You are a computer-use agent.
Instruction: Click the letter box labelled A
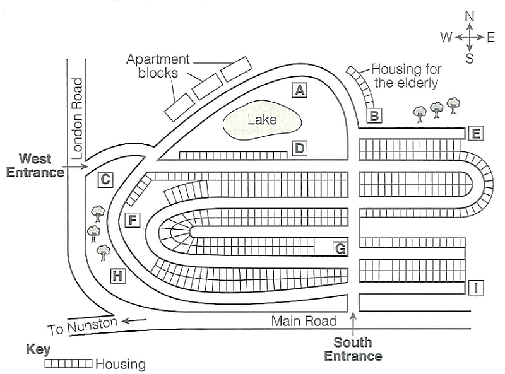click(299, 90)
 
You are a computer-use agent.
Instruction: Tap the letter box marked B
click(374, 115)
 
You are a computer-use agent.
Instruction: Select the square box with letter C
click(105, 180)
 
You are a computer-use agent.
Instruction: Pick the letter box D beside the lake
click(299, 149)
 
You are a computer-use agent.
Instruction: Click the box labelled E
click(476, 133)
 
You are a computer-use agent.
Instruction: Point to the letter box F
click(133, 220)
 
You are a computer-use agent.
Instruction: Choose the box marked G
click(340, 248)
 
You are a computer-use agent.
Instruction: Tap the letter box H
click(117, 275)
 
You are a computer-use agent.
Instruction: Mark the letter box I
click(477, 288)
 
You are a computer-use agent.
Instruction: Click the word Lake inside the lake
click(262, 119)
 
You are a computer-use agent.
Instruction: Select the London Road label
click(78, 118)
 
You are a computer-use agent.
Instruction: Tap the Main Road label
click(304, 321)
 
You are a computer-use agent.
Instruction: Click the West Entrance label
click(35, 165)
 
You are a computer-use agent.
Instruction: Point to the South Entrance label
click(353, 349)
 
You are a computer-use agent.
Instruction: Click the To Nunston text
click(83, 326)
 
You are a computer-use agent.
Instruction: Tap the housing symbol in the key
click(68, 364)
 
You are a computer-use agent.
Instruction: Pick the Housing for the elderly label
click(406, 76)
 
